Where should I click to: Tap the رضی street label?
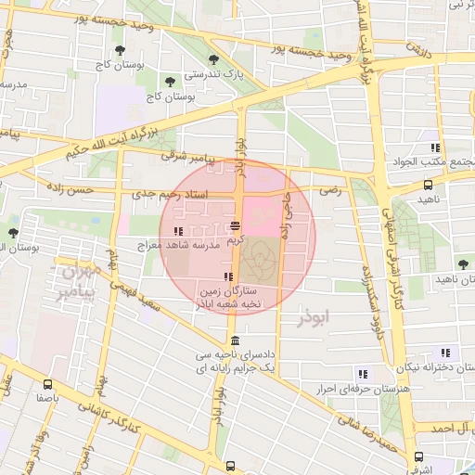point(330,188)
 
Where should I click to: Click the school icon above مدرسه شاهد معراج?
point(177,231)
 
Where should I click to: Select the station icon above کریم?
point(236,225)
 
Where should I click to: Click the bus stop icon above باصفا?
point(48,383)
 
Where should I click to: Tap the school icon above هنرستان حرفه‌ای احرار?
point(363,373)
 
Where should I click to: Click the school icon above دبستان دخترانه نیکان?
point(445,353)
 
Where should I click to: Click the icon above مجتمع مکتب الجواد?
point(433,148)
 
